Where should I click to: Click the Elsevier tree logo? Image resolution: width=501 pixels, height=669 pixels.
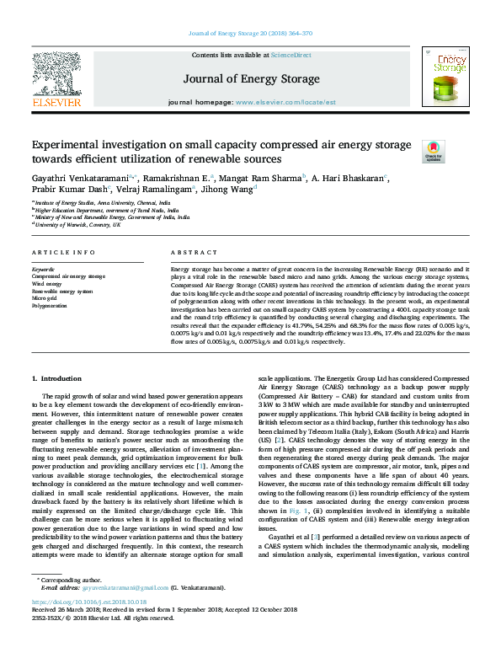pyautogui.click(x=56, y=75)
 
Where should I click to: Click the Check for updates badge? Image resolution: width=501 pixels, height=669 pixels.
pyautogui.click(x=432, y=150)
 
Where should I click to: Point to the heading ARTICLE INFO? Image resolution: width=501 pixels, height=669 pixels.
pyautogui.click(x=56, y=253)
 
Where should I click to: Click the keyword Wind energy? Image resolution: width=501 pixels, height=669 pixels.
pyautogui.click(x=46, y=283)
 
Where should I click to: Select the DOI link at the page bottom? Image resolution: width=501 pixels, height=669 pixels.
pyautogui.click(x=88, y=627)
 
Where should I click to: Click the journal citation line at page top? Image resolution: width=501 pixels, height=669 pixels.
pyautogui.click(x=250, y=34)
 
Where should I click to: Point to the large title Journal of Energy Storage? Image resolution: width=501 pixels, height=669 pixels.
pyautogui.click(x=250, y=80)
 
